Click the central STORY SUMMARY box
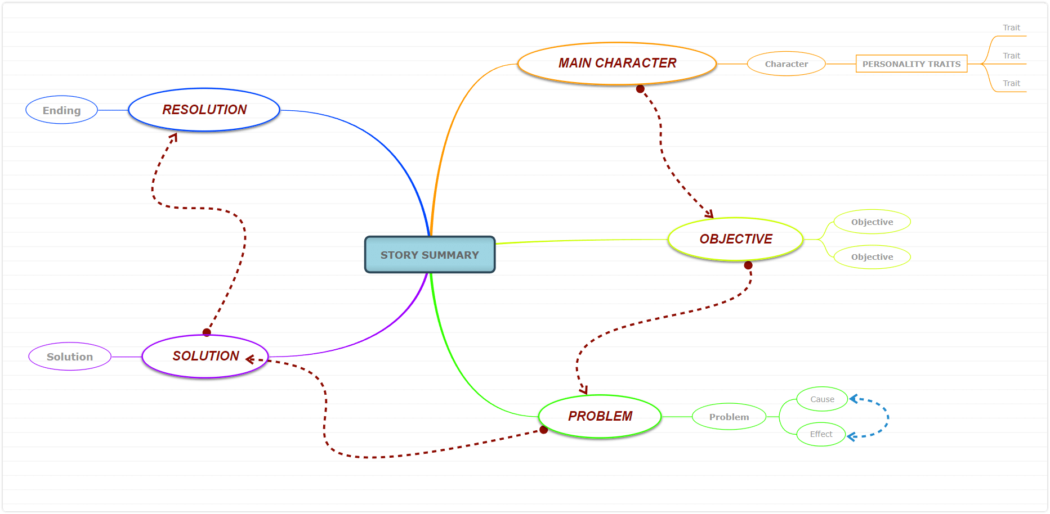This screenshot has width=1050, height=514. [430, 255]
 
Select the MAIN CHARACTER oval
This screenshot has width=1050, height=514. [617, 64]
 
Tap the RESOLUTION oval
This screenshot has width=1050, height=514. [204, 110]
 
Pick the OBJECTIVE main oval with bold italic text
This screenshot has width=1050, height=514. [736, 239]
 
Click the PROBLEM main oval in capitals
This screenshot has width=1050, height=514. [600, 416]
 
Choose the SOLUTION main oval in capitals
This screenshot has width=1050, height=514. [205, 356]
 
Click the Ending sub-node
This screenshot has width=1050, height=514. [62, 110]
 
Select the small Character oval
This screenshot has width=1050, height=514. [787, 64]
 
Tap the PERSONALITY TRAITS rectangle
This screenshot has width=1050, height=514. [912, 64]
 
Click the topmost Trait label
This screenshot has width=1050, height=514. [1011, 28]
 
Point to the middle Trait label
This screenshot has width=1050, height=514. [1011, 56]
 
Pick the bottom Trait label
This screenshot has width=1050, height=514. [1011, 83]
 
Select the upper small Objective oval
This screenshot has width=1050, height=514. [872, 222]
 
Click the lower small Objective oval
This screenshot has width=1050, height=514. [872, 257]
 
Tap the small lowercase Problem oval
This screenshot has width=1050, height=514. [729, 417]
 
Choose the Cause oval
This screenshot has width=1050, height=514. [822, 399]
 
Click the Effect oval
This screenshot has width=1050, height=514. [821, 434]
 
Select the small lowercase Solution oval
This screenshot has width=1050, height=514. [70, 357]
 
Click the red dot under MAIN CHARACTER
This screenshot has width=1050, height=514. [640, 89]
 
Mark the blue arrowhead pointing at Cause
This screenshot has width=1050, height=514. [853, 399]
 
